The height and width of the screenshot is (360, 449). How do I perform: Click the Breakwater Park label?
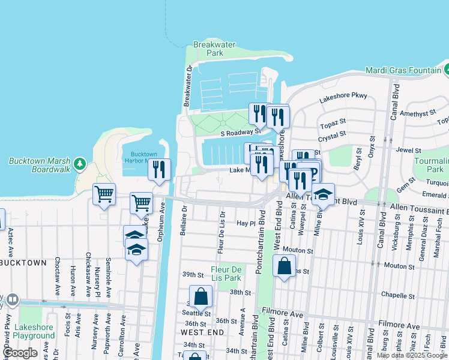pos(208,49)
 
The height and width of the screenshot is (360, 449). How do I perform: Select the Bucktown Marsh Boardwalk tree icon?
pos(79,164)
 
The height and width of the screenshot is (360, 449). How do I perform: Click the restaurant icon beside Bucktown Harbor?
pos(159,170)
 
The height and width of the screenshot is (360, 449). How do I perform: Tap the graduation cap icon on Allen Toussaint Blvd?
pos(323,195)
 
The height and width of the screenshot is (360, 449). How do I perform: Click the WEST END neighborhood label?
pos(203,332)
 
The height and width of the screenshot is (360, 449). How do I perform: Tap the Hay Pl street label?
pos(246,223)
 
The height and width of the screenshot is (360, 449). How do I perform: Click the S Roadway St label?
pos(240,132)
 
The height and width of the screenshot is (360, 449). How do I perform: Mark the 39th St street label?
pos(193,274)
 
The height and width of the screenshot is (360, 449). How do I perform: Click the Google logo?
pos(20,353)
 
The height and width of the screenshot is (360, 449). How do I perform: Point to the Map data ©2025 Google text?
pos(411,355)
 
